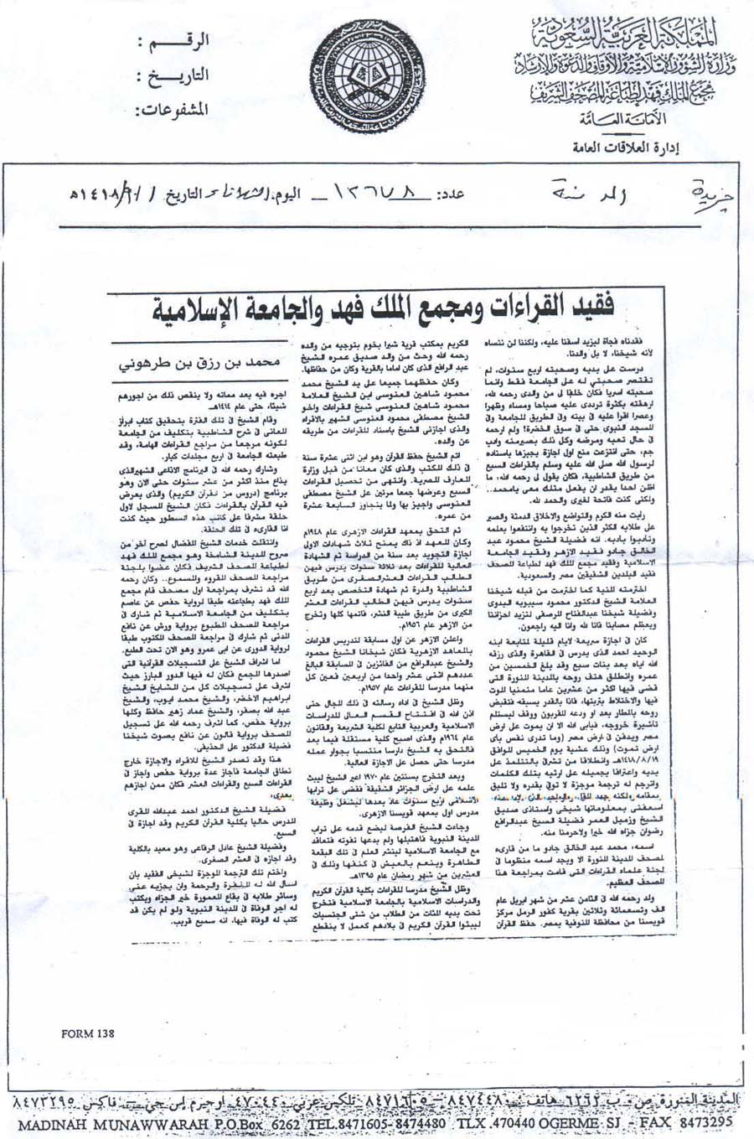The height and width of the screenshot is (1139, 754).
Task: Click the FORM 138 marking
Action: tap(88, 1033)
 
